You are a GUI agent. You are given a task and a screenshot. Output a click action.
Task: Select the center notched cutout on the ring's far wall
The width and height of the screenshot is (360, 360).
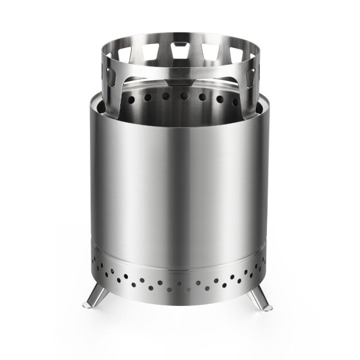(x=181, y=52)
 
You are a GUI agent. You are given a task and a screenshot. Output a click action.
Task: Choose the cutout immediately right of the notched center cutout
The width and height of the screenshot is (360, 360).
(x=211, y=53)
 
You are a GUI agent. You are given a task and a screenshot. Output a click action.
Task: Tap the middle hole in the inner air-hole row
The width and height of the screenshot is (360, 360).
(x=181, y=96)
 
